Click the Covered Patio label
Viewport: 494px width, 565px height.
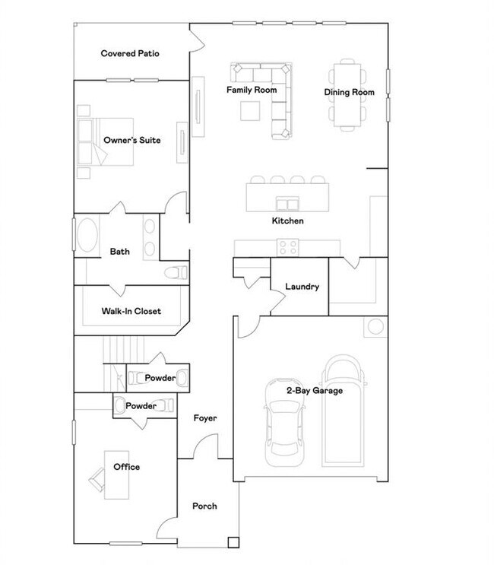[130, 53]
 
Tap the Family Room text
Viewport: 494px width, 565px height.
[252, 90]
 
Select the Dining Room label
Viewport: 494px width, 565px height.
[350, 92]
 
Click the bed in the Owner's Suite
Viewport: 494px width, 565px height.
[105, 141]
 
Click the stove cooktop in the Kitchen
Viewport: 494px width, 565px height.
[288, 248]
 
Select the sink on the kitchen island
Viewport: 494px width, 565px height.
[287, 204]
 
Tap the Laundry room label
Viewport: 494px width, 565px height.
[302, 287]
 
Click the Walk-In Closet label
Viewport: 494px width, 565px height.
[131, 311]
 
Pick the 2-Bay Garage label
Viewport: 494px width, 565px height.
[315, 391]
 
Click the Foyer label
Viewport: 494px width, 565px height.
[205, 418]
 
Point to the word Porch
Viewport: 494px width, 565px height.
[204, 506]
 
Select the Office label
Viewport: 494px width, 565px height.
[126, 467]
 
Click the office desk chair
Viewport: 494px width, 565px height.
[97, 479]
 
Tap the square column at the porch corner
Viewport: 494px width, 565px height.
[233, 542]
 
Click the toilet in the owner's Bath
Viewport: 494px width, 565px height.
[176, 272]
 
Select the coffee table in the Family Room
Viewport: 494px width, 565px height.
[250, 110]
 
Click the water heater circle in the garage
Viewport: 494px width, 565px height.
[375, 326]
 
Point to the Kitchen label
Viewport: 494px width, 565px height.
[288, 221]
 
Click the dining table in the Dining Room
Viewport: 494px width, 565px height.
[347, 95]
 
